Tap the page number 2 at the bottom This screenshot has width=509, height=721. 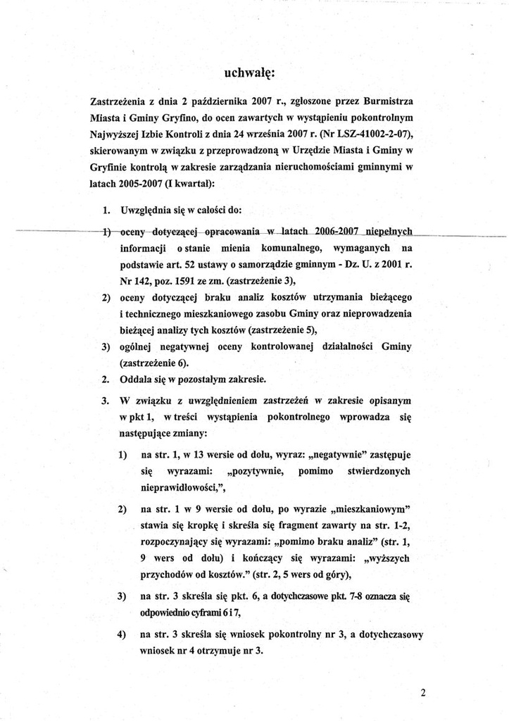tap(423, 692)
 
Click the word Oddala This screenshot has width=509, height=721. tap(140, 379)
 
